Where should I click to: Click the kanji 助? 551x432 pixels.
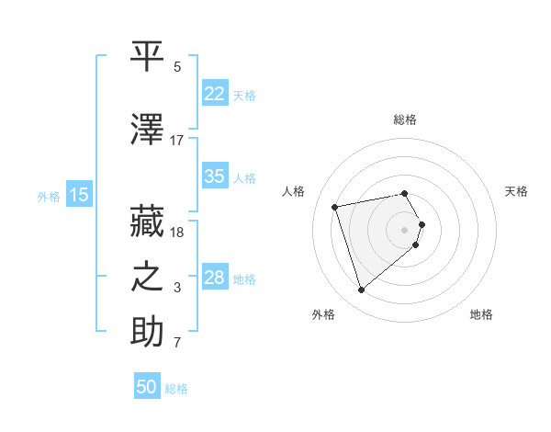pos(147,333)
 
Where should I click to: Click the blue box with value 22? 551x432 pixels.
pos(214,94)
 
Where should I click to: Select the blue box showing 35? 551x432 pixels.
pos(214,177)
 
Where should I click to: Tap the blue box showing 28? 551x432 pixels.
pos(214,278)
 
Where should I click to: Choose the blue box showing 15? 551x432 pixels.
pos(79,194)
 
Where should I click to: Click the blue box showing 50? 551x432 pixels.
pos(147,387)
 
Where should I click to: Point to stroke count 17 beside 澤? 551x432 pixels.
pos(177,141)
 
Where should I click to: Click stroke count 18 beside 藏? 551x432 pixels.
pos(177,233)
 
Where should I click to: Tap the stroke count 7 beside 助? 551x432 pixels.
pos(177,345)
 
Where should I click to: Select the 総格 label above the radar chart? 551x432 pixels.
pos(405,119)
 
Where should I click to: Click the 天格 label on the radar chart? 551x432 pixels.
pos(516,191)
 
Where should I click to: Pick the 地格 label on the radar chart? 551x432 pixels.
pos(481,315)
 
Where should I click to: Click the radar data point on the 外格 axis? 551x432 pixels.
pos(361,290)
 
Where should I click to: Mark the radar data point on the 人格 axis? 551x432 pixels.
pos(335,206)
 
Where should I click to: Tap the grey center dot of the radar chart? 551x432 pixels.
pos(405,229)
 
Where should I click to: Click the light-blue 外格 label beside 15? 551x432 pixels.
pos(48,195)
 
